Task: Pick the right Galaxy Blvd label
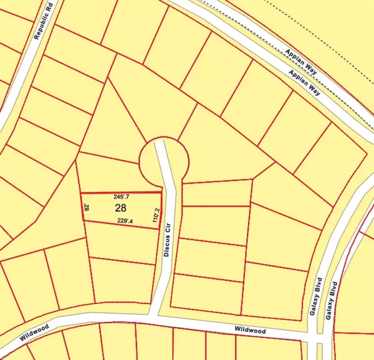click(333, 298)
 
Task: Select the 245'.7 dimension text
click(122, 197)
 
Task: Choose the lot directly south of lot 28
click(122, 242)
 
